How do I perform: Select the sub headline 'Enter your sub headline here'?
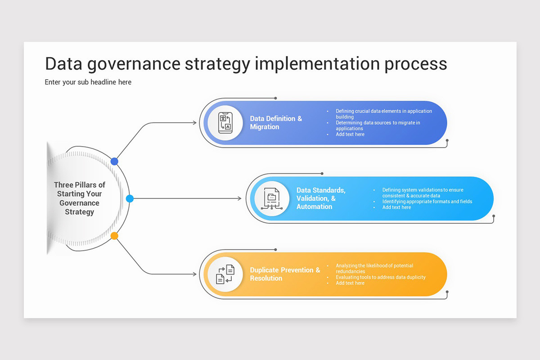click(88, 82)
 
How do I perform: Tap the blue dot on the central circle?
click(114, 161)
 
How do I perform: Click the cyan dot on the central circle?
click(130, 198)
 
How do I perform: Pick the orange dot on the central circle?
click(114, 235)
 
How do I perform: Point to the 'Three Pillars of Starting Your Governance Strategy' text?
click(80, 198)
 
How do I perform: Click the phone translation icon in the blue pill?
click(225, 123)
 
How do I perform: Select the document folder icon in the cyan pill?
click(272, 198)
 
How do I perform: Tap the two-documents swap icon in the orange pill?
click(225, 274)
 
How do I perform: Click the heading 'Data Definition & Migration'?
click(276, 123)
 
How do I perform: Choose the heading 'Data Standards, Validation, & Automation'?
click(321, 198)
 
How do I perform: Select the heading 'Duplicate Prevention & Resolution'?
click(285, 274)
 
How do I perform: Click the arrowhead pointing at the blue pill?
click(194, 122)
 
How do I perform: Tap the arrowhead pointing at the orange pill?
click(194, 274)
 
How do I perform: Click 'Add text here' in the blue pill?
click(350, 134)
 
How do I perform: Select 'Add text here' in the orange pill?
click(350, 283)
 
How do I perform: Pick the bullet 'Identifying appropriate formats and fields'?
click(427, 202)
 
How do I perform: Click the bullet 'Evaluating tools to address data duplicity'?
click(381, 277)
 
